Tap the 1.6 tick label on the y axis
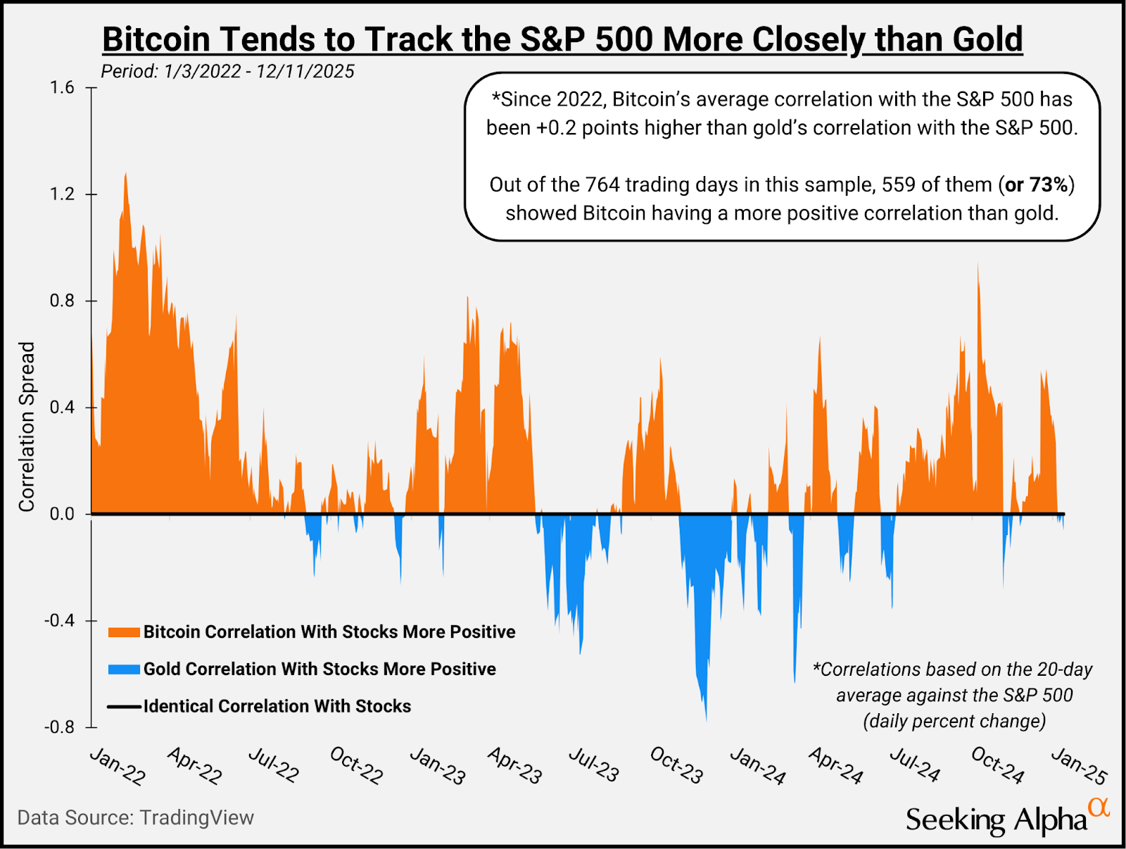point(62,88)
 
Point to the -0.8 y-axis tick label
point(59,727)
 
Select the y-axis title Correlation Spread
point(27,427)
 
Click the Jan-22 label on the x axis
point(118,766)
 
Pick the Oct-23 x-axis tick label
point(676,765)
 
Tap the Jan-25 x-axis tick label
point(1079,766)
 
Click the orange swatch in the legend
point(124,632)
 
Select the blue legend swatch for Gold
point(124,669)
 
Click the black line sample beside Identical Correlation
point(124,707)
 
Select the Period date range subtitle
point(227,72)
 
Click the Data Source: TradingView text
point(135,818)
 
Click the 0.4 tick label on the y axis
point(62,408)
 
